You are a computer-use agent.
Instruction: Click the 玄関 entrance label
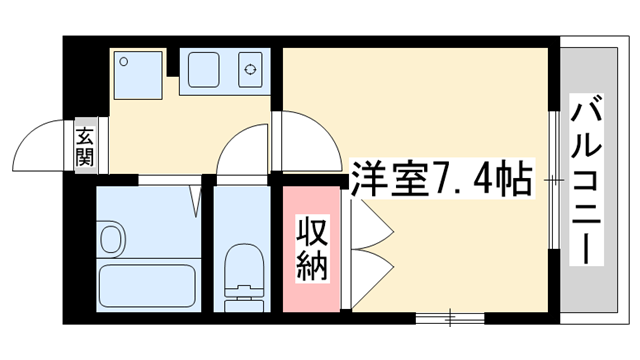84,145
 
